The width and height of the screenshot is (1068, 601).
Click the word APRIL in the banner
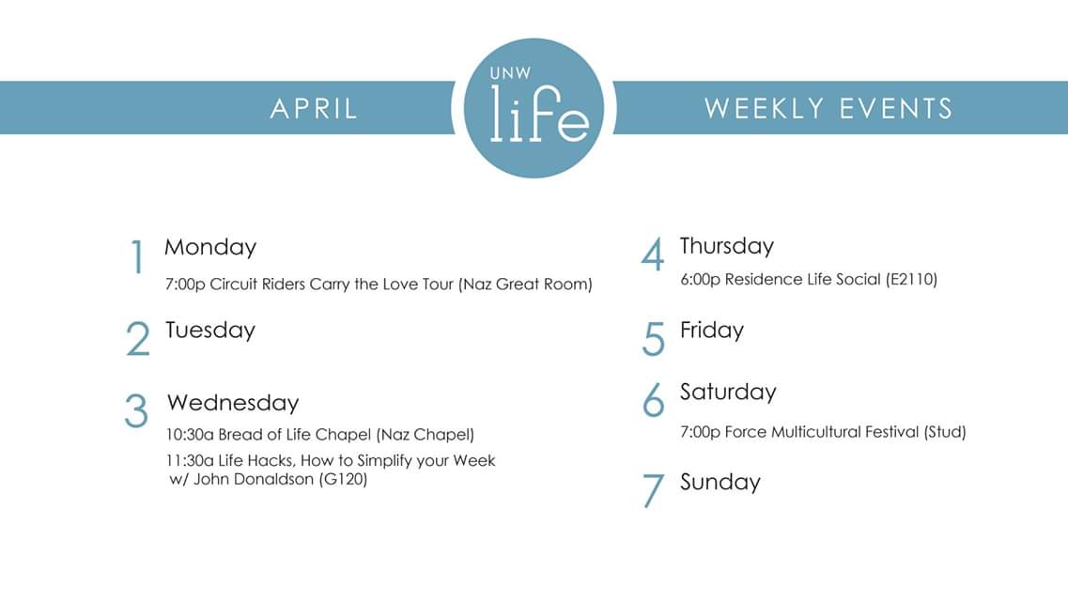coord(314,108)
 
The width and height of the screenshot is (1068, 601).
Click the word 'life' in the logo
coord(539,115)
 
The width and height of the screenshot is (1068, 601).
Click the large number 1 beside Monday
coord(138,257)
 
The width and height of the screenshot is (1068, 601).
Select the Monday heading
coord(210,247)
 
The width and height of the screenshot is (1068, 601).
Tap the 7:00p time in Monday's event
coord(185,285)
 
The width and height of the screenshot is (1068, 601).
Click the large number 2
coord(137,339)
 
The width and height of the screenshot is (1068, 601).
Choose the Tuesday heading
coord(210,331)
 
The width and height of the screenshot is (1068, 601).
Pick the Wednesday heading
coord(233,403)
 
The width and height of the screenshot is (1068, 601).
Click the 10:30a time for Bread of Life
coord(189,435)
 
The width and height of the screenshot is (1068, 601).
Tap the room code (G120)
coord(343,480)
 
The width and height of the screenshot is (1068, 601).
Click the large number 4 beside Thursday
coord(653,255)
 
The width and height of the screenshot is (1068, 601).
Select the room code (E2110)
coord(911,279)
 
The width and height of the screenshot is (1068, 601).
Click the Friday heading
coord(712,331)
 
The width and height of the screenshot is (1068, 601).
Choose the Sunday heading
coord(720,483)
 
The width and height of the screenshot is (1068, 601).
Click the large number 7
coord(653,491)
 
